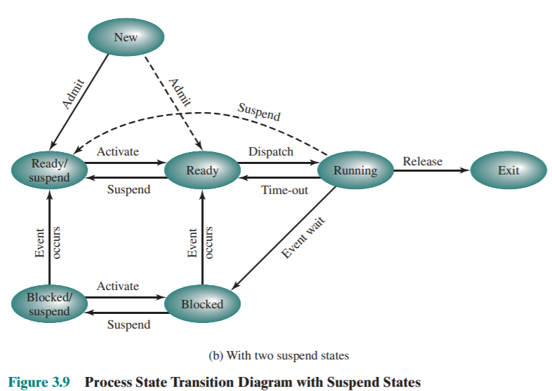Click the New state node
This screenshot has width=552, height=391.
(x=126, y=37)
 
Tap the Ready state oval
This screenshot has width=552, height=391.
(x=202, y=170)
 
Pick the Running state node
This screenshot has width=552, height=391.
(x=355, y=170)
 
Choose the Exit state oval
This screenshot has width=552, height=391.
(x=508, y=170)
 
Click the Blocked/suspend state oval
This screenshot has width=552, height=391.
(x=50, y=304)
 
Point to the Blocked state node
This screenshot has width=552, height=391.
(x=202, y=304)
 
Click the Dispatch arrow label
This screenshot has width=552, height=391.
(x=271, y=151)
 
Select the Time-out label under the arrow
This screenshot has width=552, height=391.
(x=284, y=191)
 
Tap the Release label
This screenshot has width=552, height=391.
(x=422, y=161)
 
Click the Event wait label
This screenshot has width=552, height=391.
(x=304, y=240)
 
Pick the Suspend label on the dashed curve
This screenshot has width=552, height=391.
(x=259, y=112)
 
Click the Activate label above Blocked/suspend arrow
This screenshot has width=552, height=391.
(x=118, y=286)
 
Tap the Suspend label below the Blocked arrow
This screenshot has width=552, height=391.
(x=128, y=324)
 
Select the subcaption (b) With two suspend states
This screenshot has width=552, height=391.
(x=278, y=356)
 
